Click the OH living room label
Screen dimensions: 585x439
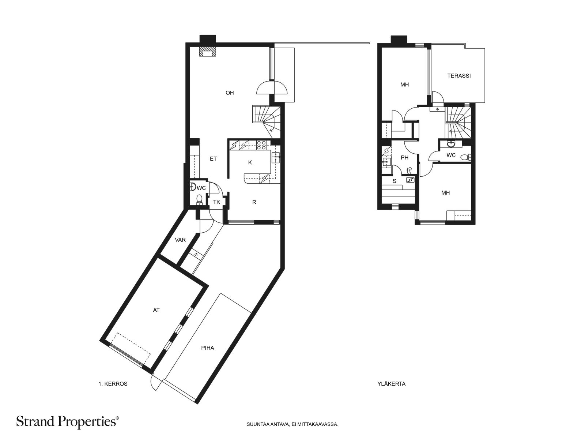(x=230, y=93)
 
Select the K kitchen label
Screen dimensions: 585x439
(x=250, y=162)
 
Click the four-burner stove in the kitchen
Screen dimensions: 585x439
(x=261, y=145)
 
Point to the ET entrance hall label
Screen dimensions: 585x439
(x=213, y=159)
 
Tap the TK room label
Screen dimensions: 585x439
(x=217, y=202)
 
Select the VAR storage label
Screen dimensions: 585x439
(x=180, y=240)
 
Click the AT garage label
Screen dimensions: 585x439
(x=156, y=310)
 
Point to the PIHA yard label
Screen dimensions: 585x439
(x=208, y=348)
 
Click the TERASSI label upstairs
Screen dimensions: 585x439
(x=459, y=76)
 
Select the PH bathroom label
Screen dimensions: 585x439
(x=405, y=158)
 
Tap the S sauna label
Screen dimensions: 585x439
(x=395, y=181)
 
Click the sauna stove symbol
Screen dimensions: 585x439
(x=411, y=180)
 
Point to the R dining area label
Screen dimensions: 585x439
(x=254, y=202)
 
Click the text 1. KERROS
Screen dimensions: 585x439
(x=113, y=384)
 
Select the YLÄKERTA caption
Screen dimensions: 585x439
(x=391, y=384)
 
